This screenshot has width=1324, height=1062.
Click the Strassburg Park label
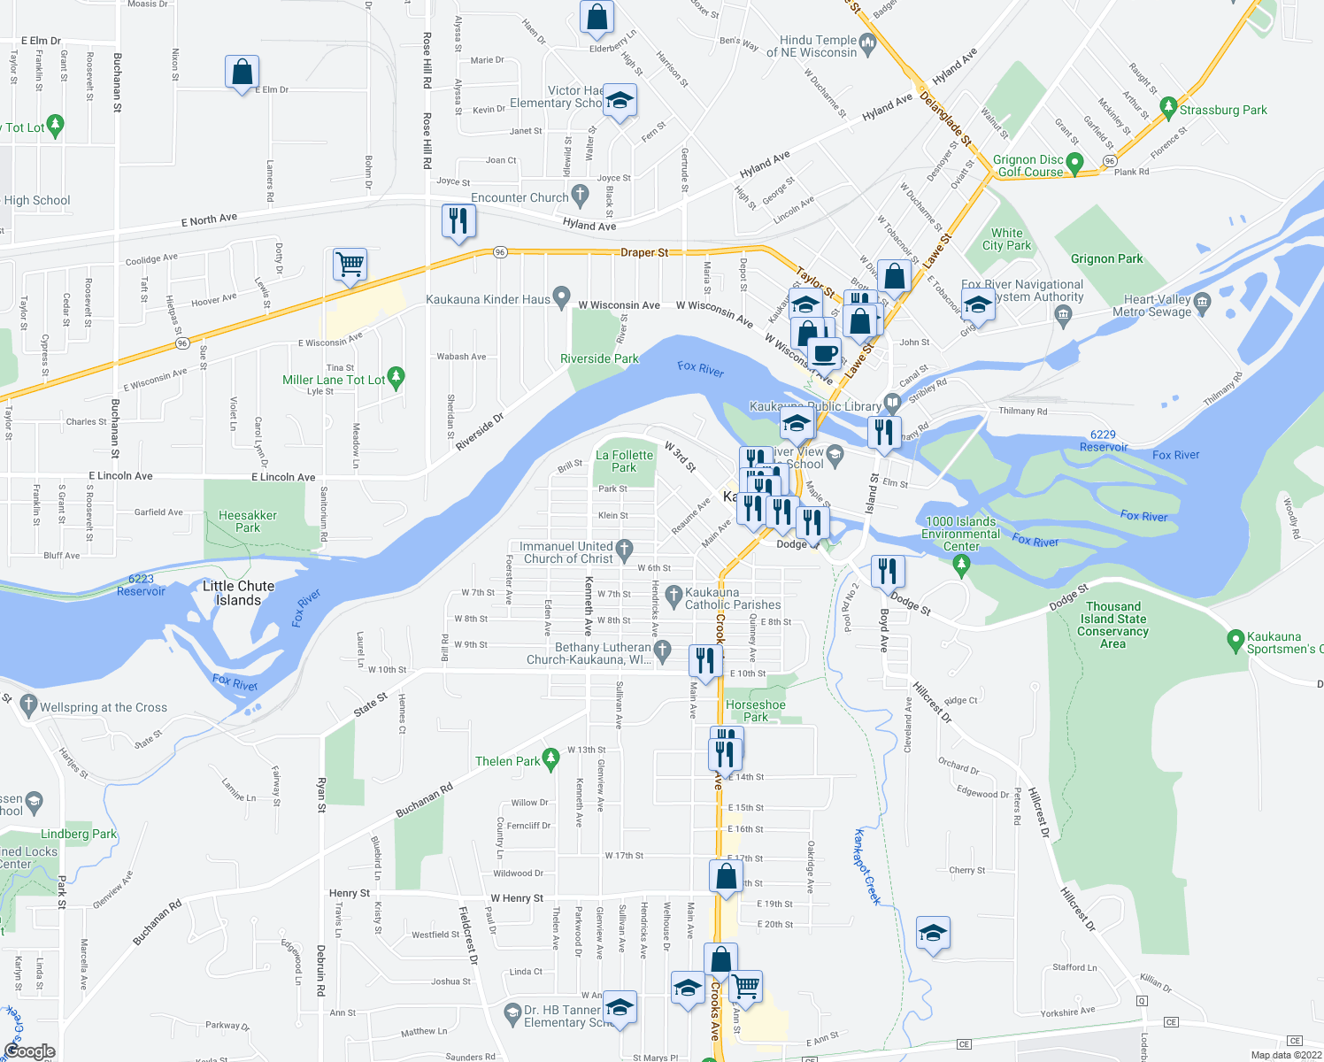coord(1223,110)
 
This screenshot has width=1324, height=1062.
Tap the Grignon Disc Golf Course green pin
coord(1074,163)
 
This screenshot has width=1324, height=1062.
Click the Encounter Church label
coord(520,197)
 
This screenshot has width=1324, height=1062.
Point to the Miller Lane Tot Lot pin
coord(396,378)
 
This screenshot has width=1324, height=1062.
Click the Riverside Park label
coord(599,358)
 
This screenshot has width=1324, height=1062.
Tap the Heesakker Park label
coord(248,521)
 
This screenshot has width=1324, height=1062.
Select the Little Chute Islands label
coord(238,593)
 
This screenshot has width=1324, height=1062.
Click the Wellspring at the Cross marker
coord(28,705)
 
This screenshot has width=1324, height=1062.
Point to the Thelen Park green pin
coord(550,758)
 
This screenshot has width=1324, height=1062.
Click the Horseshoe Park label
coord(756,711)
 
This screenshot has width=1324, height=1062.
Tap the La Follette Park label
coord(624,461)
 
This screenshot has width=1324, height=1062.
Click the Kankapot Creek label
coord(867,867)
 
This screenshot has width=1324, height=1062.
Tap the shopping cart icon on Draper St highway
coord(350,263)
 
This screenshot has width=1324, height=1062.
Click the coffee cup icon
coord(825,352)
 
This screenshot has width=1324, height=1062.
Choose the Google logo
coord(29,1051)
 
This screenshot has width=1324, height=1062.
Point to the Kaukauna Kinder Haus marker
coord(560,296)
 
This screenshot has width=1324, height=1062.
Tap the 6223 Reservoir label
coord(141,585)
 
